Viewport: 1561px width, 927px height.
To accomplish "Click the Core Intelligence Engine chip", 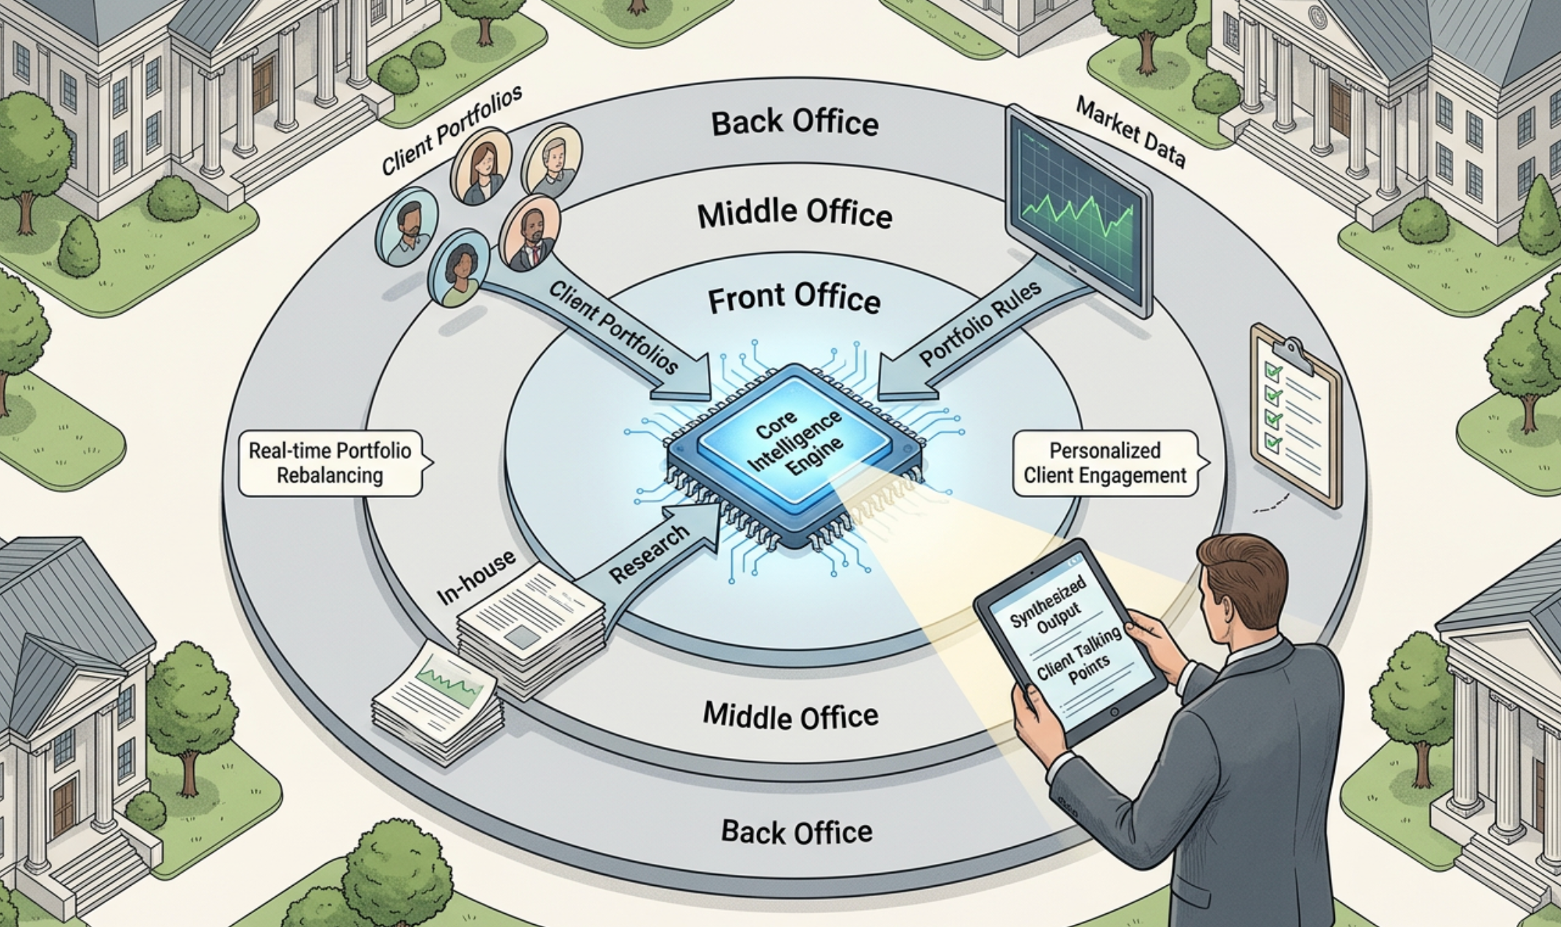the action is [794, 455].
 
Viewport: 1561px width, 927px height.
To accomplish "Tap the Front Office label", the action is [794, 299].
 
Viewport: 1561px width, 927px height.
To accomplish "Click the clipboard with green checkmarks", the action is [1296, 415].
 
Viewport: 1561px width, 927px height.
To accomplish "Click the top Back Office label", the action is [794, 123].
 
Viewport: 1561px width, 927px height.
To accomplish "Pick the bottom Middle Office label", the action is [791, 715].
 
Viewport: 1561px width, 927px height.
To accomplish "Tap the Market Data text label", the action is [1131, 132].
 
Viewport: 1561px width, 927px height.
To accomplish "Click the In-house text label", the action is [477, 578].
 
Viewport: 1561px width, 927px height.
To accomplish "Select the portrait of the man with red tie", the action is [529, 232].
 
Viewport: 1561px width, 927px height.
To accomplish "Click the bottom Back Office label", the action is [797, 832].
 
